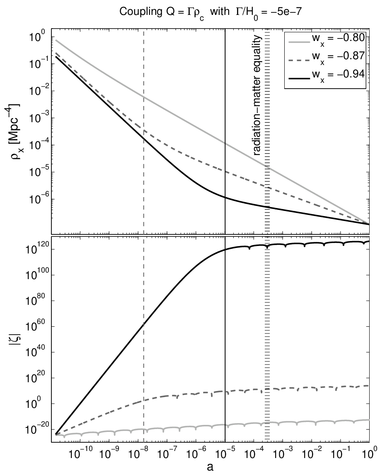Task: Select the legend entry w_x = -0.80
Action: click(338, 39)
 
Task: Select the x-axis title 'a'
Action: click(210, 467)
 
